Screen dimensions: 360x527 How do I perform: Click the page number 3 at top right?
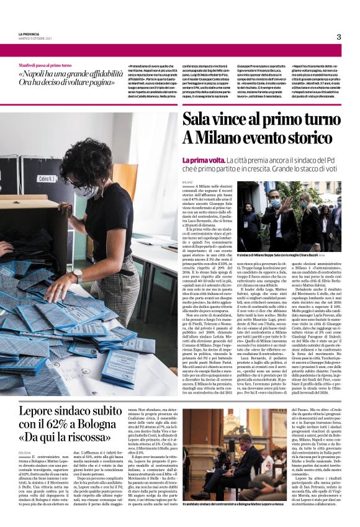tap(338, 37)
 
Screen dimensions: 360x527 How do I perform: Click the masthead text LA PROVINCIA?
tap(31, 34)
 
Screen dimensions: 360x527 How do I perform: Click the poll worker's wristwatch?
tap(78, 274)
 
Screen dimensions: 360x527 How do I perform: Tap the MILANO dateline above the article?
tap(187, 181)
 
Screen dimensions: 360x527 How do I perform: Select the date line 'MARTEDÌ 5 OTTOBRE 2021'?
tap(36, 40)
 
